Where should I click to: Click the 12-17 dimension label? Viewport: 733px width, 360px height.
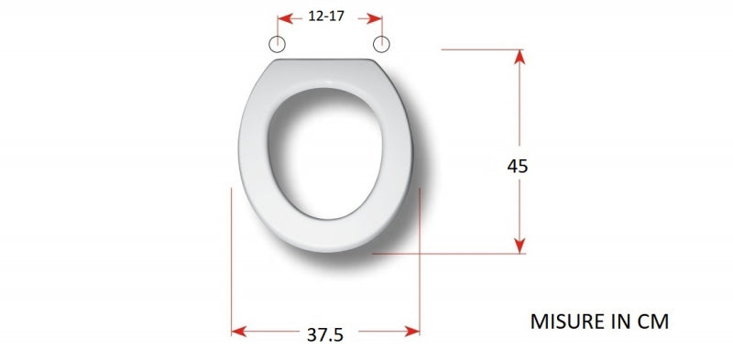click(326, 16)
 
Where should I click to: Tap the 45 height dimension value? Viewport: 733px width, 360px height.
click(518, 166)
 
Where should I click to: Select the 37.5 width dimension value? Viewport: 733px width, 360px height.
click(325, 334)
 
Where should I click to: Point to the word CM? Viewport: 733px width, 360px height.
click(653, 322)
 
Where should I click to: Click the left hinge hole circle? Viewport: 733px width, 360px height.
click(278, 44)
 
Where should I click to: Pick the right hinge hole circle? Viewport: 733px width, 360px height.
click(381, 44)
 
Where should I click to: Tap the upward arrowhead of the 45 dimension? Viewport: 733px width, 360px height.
click(520, 57)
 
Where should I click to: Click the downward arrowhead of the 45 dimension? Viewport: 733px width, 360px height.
click(520, 245)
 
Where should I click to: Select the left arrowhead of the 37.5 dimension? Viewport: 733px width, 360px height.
click(239, 332)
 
